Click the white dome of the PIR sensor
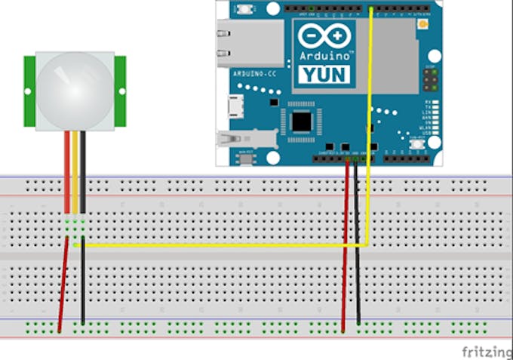[75, 90]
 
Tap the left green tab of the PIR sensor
[29, 91]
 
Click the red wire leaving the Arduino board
[346, 242]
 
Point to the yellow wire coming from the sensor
[75, 174]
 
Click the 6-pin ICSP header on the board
[429, 78]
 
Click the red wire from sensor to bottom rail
[63, 287]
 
